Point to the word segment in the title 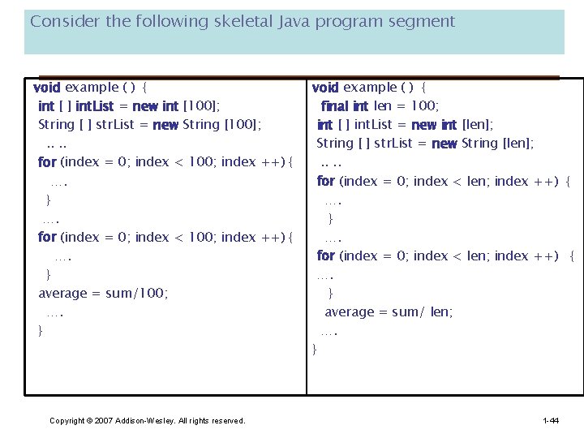click(x=423, y=22)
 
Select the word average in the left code click(x=62, y=293)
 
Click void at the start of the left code click(x=46, y=87)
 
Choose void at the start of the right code click(x=325, y=87)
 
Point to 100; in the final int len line click(x=425, y=105)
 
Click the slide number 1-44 click(x=551, y=420)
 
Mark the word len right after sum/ click(x=442, y=311)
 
